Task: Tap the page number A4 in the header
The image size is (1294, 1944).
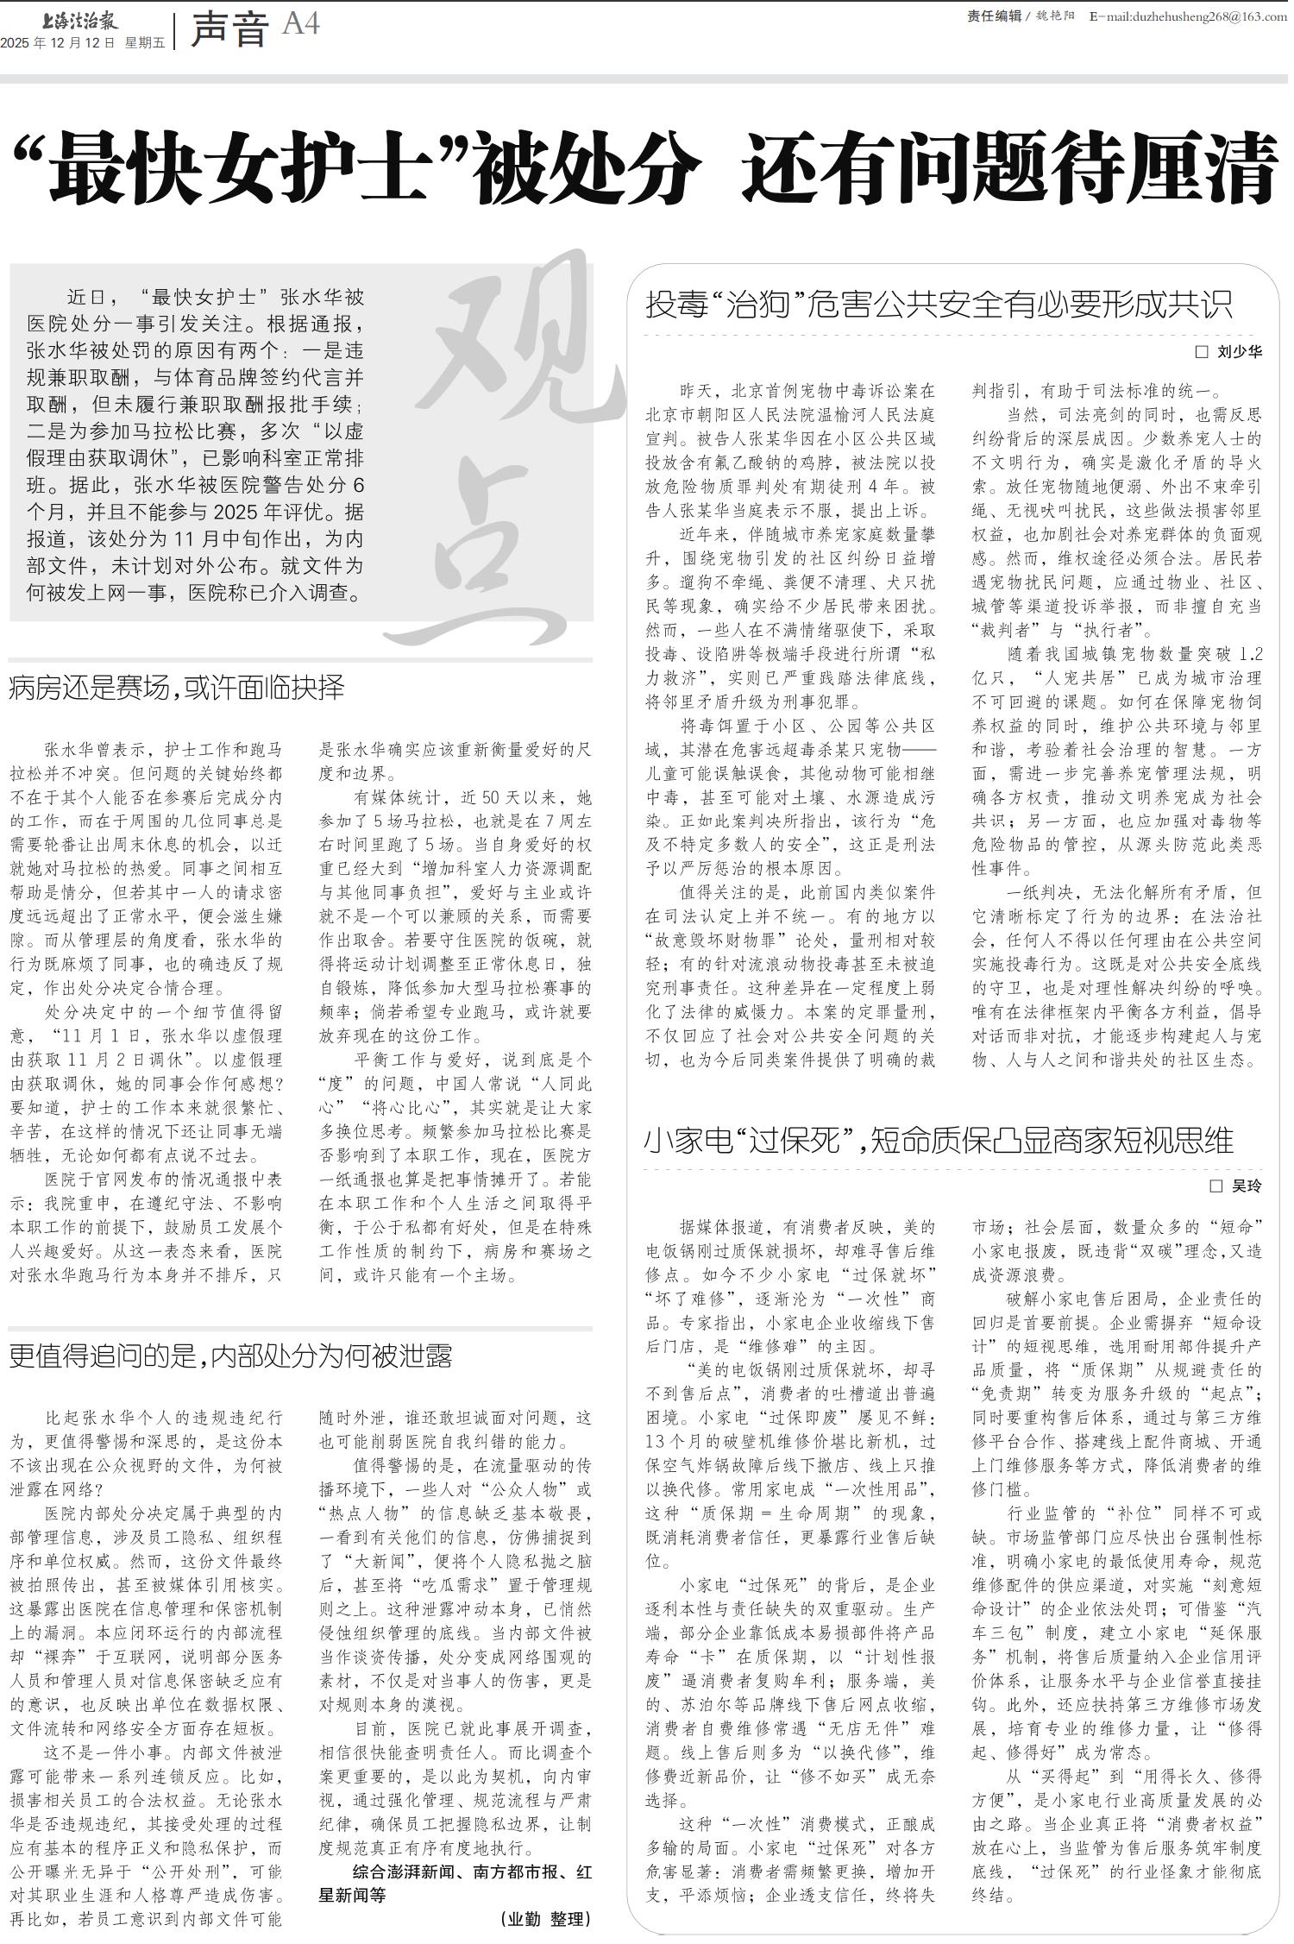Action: [301, 25]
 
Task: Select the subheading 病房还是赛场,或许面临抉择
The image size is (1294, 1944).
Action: [177, 689]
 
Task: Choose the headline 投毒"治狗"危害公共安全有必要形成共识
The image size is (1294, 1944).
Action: [939, 305]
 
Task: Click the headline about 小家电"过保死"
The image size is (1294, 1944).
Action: [939, 1142]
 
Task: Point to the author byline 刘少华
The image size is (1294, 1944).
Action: [1239, 352]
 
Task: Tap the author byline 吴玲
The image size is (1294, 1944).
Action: [1247, 1186]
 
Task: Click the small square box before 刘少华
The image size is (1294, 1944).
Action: [1201, 352]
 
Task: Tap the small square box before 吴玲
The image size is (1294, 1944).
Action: [1216, 1186]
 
